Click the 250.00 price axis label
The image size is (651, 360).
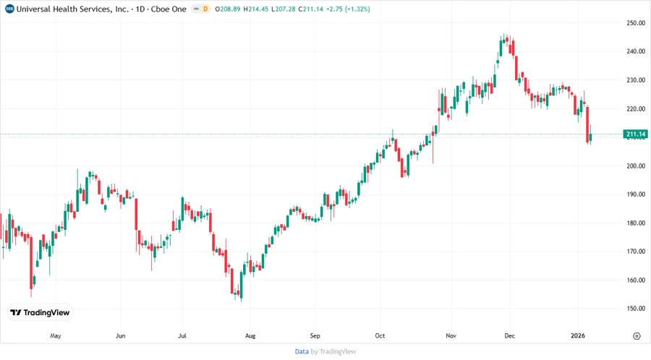click(636, 23)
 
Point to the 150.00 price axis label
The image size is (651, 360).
click(636, 309)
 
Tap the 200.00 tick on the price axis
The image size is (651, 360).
click(636, 166)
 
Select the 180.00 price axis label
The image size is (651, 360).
click(636, 223)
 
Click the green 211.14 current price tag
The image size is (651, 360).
click(635, 134)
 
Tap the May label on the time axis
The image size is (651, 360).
click(56, 336)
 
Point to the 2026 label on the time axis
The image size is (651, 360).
click(578, 336)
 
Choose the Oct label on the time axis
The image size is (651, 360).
click(380, 336)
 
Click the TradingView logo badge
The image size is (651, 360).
click(41, 313)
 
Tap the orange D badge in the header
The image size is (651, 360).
click(205, 9)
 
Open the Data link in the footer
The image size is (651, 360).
click(302, 351)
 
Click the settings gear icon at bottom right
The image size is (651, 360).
click(637, 336)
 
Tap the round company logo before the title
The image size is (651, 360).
click(9, 9)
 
